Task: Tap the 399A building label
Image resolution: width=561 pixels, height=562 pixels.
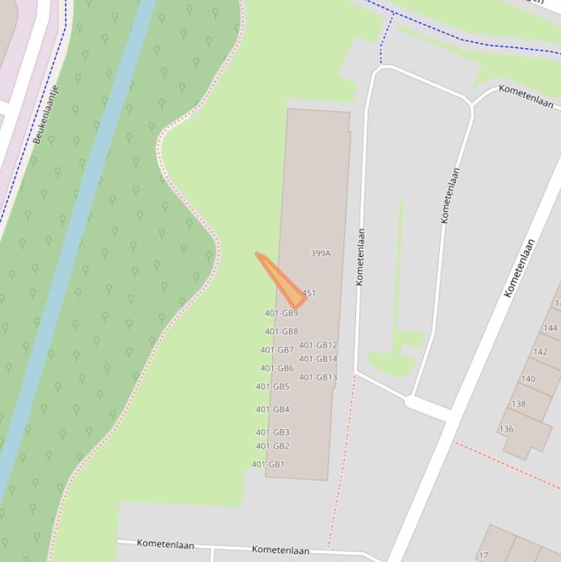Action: point(320,253)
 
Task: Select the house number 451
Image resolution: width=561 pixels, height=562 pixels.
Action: point(309,293)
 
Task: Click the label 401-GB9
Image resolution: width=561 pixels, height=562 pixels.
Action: point(281,313)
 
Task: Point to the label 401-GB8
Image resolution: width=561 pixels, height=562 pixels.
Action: point(281,331)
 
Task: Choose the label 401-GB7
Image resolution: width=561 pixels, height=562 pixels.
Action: point(276,350)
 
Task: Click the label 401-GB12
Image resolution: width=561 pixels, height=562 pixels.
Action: point(318,345)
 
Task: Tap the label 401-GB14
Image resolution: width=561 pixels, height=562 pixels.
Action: point(318,358)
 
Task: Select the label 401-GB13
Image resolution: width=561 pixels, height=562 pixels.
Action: point(318,377)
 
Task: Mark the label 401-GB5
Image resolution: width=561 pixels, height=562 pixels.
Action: point(272,387)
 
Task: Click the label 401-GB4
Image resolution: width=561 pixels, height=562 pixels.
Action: point(272,409)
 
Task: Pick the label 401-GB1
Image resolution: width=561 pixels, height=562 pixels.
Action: point(268,464)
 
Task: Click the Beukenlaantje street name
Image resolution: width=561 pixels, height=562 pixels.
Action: point(46,114)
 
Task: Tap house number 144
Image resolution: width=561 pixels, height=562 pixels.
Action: point(550,328)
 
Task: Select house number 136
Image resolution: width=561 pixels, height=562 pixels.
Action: point(506,429)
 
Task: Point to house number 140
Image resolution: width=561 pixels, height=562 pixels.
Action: point(527,379)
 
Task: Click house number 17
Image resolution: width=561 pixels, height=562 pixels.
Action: point(483,555)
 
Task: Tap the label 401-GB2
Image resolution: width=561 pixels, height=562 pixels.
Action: point(272,446)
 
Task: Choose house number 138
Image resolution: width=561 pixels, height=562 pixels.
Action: point(518,404)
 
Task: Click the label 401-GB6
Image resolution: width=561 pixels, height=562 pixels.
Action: point(276,368)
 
